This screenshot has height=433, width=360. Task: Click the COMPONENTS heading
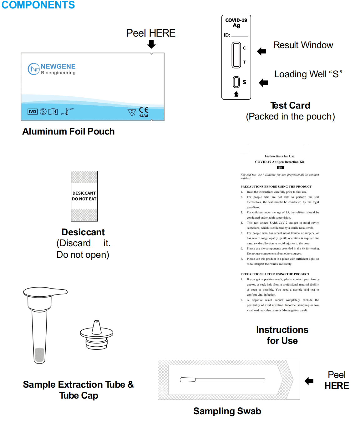[x=38, y=5]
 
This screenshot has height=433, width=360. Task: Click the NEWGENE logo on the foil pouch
[x=52, y=69]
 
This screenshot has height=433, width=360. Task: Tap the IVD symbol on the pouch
[x=33, y=112]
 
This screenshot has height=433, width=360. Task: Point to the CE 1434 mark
[x=144, y=112]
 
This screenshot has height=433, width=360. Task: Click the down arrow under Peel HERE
[x=151, y=44]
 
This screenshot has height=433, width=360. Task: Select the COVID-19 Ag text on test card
[x=236, y=23]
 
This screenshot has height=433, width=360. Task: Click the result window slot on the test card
[x=236, y=55]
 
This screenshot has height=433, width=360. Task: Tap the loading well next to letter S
[x=236, y=82]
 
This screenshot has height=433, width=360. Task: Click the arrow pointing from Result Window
[x=261, y=51]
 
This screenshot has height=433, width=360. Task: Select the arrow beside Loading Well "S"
[x=263, y=83]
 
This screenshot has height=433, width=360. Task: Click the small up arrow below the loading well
[x=236, y=94]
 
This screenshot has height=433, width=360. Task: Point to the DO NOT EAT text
[x=84, y=199]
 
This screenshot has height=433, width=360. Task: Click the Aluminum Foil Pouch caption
[x=68, y=131]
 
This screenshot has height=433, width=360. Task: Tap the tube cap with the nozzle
[x=97, y=335]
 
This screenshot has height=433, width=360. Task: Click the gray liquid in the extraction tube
[x=39, y=355]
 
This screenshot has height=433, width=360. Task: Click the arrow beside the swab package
[x=309, y=381]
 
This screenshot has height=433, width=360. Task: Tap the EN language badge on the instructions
[x=280, y=168]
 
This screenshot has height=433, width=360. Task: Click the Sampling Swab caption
[x=227, y=411]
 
